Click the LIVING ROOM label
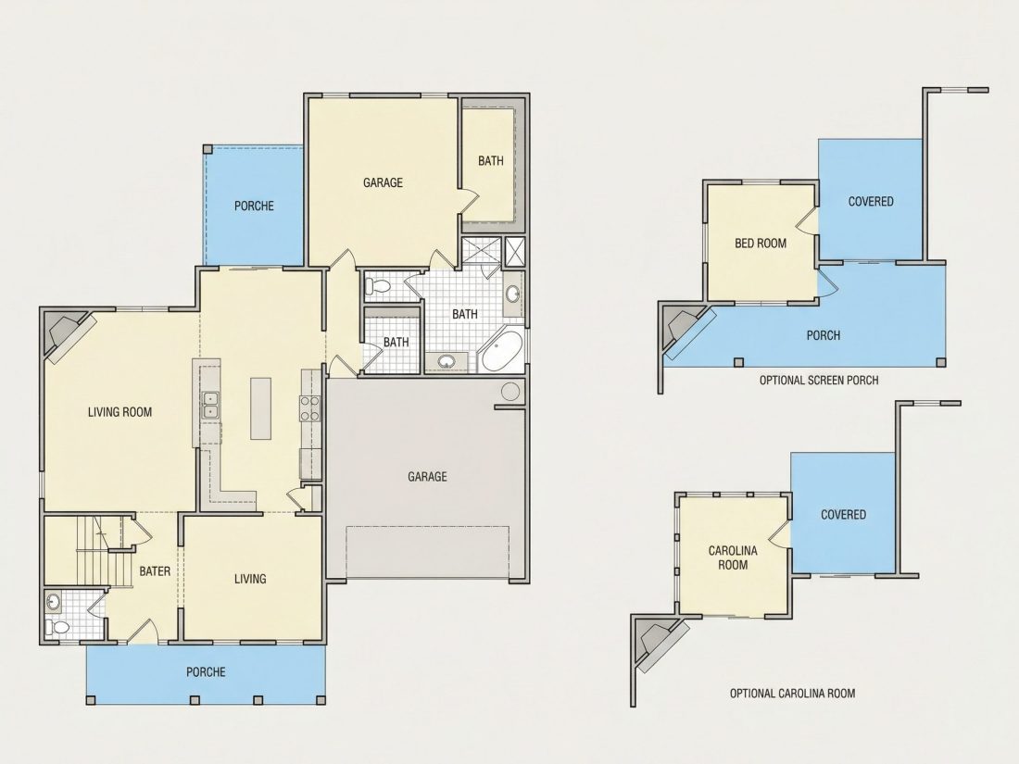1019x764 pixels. pyautogui.click(x=120, y=412)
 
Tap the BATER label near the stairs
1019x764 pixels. pyautogui.click(x=155, y=571)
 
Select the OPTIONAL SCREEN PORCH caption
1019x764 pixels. pyautogui.click(x=819, y=380)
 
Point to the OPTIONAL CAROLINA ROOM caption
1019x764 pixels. pyautogui.click(x=792, y=694)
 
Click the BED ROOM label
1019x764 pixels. pyautogui.click(x=761, y=244)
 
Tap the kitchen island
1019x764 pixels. pyautogui.click(x=260, y=408)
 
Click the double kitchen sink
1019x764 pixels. pyautogui.click(x=210, y=405)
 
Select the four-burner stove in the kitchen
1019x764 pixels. pyautogui.click(x=309, y=408)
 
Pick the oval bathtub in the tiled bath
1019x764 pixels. pyautogui.click(x=502, y=352)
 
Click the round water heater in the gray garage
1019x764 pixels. pyautogui.click(x=510, y=392)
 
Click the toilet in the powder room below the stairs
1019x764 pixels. pyautogui.click(x=57, y=628)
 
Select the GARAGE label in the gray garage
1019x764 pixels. pyautogui.click(x=427, y=477)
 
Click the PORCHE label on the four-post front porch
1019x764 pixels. pyautogui.click(x=206, y=671)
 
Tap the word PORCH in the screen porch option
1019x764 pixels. pyautogui.click(x=824, y=335)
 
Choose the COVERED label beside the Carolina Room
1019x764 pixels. pyautogui.click(x=843, y=515)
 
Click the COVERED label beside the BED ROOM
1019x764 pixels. pyautogui.click(x=871, y=201)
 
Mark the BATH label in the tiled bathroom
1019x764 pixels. pyautogui.click(x=465, y=315)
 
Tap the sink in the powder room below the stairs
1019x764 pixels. pyautogui.click(x=53, y=602)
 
